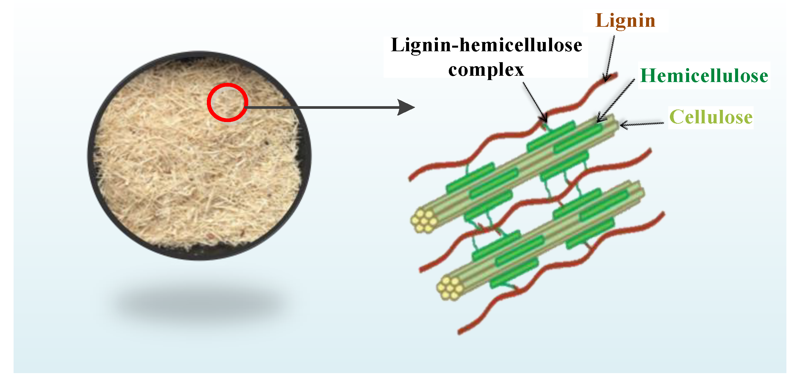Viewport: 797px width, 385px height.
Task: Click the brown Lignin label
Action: coord(625,21)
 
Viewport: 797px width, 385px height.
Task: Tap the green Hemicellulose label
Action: coord(704,76)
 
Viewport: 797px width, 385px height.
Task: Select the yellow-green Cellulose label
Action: coord(711,117)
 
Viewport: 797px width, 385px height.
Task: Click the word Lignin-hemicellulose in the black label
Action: coord(486,45)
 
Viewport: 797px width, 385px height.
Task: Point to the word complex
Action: coord(486,70)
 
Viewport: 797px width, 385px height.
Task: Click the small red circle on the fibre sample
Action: coord(227,102)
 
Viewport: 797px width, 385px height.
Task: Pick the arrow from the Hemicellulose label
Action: coord(616,101)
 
